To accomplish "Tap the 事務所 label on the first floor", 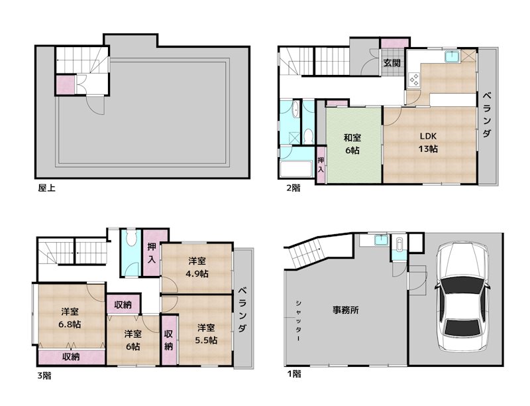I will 345,310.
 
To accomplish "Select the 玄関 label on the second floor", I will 391,64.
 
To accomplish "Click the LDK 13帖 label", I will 428,142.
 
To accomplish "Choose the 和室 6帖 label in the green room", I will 352,144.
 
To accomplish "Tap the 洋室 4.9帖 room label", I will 196,267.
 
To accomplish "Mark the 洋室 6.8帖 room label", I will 70,318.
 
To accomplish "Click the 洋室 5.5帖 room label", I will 206,334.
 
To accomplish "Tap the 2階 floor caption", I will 293,188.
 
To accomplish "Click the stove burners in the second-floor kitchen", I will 414,80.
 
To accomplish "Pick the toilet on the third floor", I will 131,241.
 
